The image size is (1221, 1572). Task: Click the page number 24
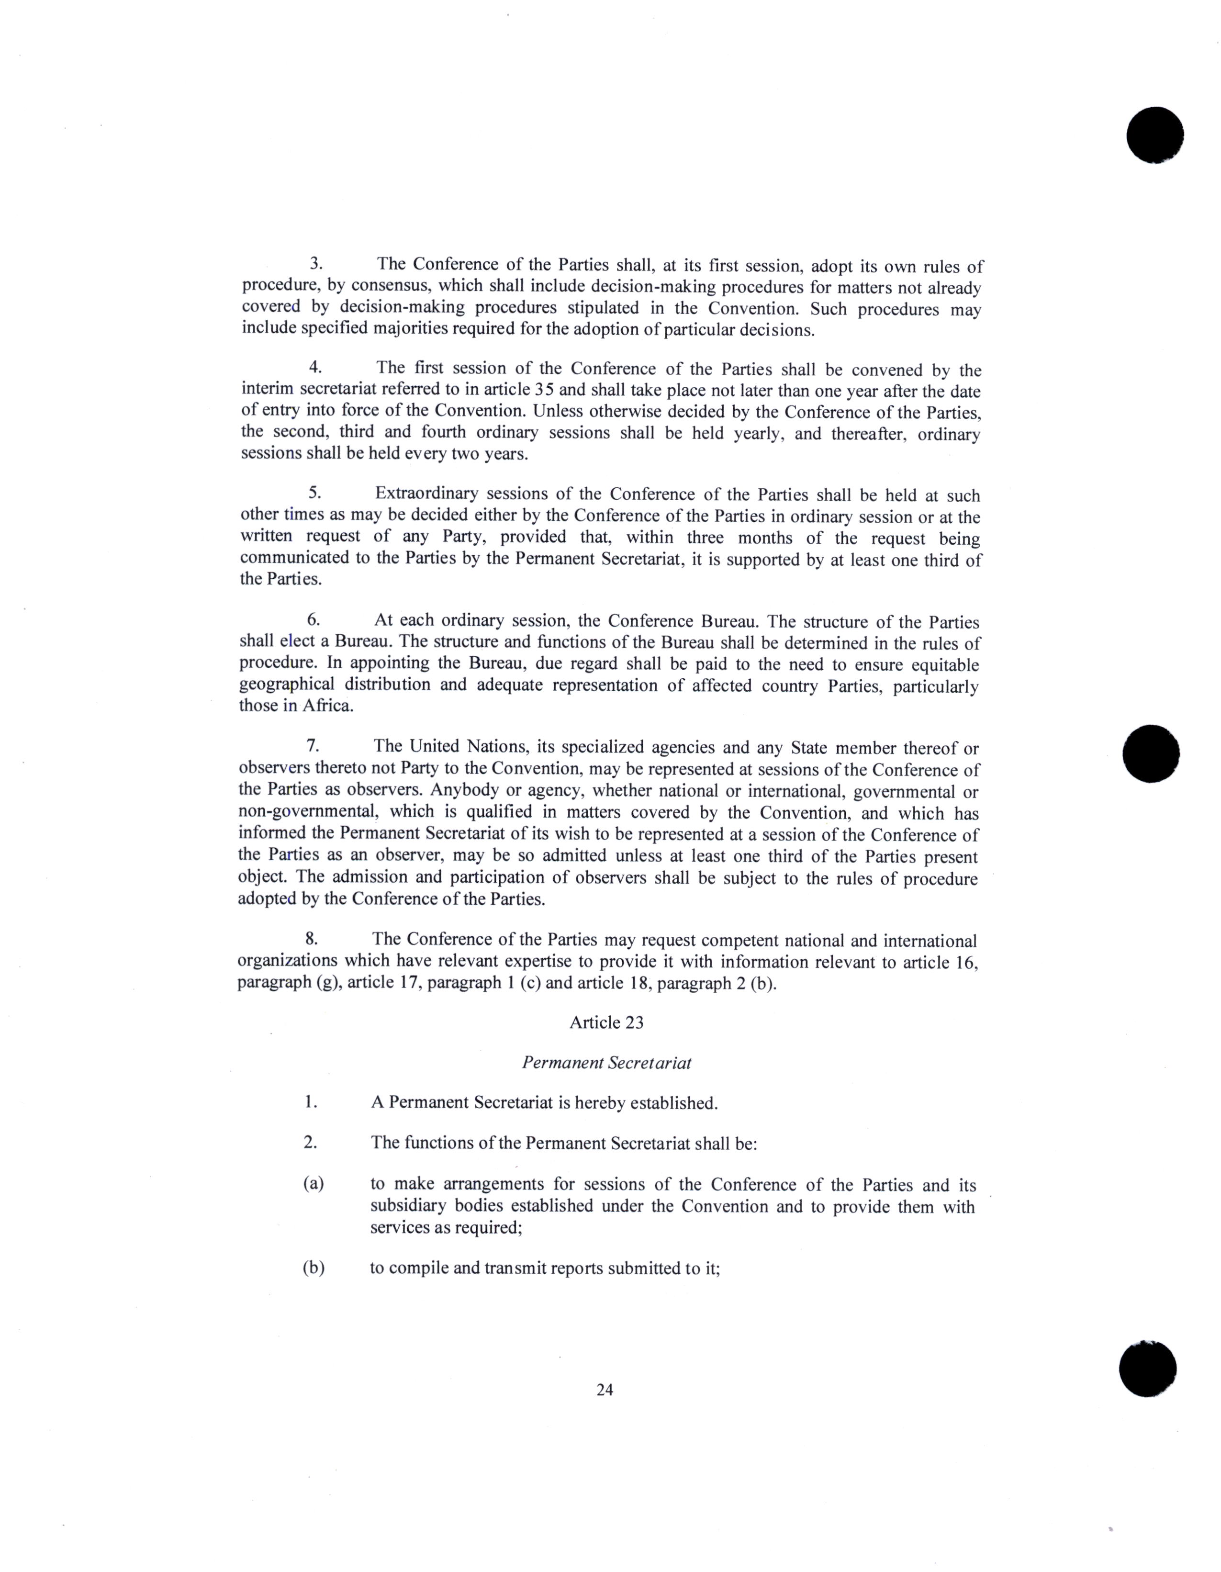tap(605, 1390)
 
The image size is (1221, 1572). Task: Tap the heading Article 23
tap(606, 1023)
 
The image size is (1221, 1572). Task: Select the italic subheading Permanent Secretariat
tap(606, 1063)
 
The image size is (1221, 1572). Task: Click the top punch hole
tap(1155, 135)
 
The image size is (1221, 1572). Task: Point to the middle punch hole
tap(1151, 753)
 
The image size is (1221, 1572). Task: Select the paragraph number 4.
tap(314, 367)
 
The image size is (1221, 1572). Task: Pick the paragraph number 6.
tap(313, 620)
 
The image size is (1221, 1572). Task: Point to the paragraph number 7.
tap(313, 746)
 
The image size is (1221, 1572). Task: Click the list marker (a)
tap(312, 1184)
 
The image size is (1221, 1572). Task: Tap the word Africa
tap(327, 706)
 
